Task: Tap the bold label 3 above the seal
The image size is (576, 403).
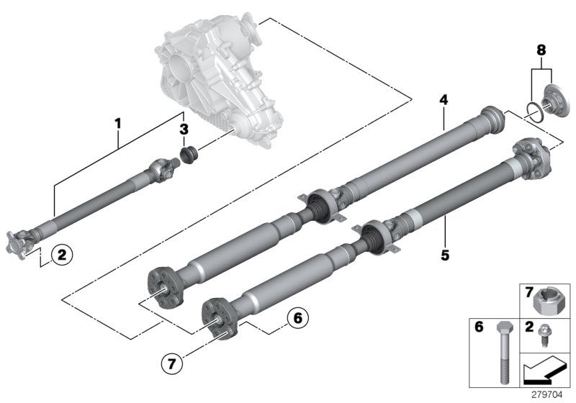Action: click(184, 130)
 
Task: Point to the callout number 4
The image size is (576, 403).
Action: click(444, 101)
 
